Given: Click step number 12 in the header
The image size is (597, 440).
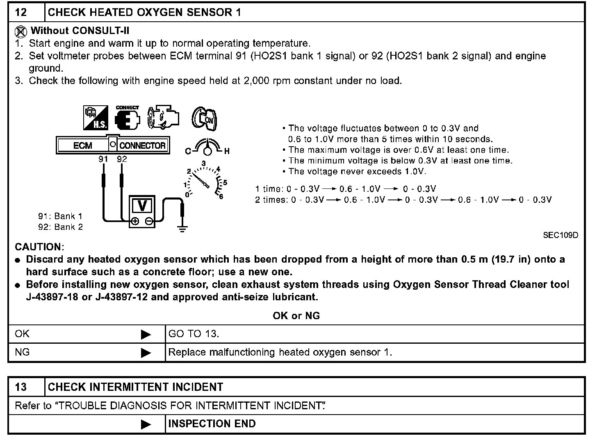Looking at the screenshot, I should (21, 12).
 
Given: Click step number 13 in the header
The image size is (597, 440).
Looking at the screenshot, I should (21, 387).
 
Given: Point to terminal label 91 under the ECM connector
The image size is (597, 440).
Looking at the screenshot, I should (103, 159).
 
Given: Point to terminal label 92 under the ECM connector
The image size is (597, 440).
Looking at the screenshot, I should (122, 159).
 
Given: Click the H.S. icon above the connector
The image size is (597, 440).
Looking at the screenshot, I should (96, 118).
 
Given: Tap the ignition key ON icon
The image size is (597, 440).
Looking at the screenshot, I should (204, 118).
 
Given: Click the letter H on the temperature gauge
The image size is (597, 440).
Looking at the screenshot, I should (227, 151).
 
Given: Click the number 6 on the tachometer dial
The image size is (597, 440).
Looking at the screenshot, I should (221, 197).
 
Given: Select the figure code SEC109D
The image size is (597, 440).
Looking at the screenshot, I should (561, 235).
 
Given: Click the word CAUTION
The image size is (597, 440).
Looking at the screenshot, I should (39, 247).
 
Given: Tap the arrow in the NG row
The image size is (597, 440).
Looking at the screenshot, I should (146, 353).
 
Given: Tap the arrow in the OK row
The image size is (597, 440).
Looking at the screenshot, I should (146, 335).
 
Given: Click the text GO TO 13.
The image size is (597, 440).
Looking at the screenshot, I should (194, 334).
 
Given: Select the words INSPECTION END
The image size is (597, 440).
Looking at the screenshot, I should (212, 424).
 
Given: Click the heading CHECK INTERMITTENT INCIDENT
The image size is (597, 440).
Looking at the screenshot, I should (135, 387).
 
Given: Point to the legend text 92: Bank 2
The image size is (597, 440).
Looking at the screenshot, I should (60, 227).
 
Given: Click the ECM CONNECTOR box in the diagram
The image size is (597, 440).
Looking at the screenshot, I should (113, 145).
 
